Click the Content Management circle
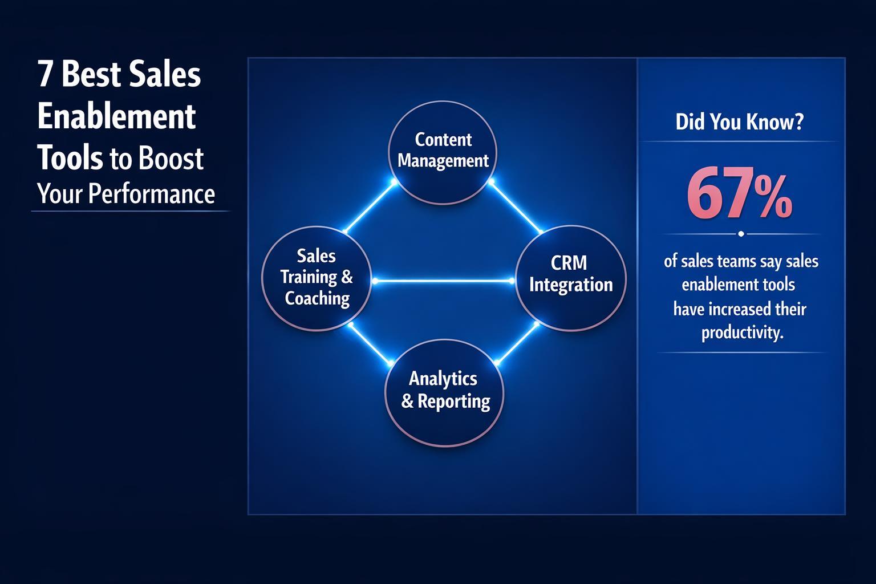point(443,152)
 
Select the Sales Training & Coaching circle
point(317,278)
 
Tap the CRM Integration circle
point(570,278)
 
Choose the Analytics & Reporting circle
point(445,392)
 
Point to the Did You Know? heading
point(739,122)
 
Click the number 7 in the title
point(45,75)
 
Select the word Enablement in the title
point(117,116)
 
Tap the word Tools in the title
point(70,158)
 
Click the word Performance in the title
point(153,194)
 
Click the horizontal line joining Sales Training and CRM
point(443,281)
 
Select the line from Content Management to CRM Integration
point(516,208)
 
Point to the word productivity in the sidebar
point(741,332)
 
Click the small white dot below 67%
point(741,234)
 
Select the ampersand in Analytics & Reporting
point(407,402)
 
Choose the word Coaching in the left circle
point(317,298)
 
